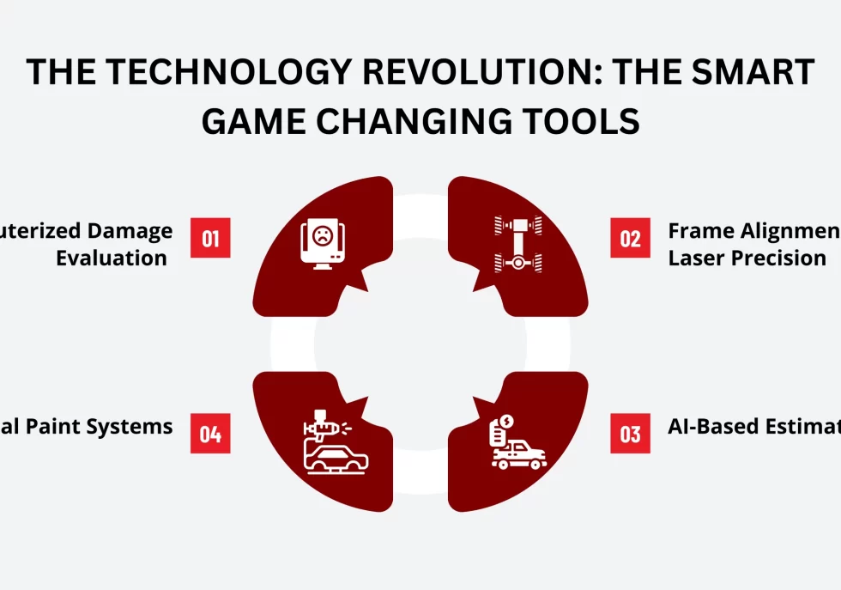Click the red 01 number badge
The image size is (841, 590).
(210, 238)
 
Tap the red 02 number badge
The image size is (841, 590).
(631, 238)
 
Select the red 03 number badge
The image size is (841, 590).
(631, 434)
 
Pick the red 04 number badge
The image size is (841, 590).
(210, 434)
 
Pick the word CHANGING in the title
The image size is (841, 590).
(430, 122)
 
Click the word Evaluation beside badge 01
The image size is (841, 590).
(112, 258)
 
